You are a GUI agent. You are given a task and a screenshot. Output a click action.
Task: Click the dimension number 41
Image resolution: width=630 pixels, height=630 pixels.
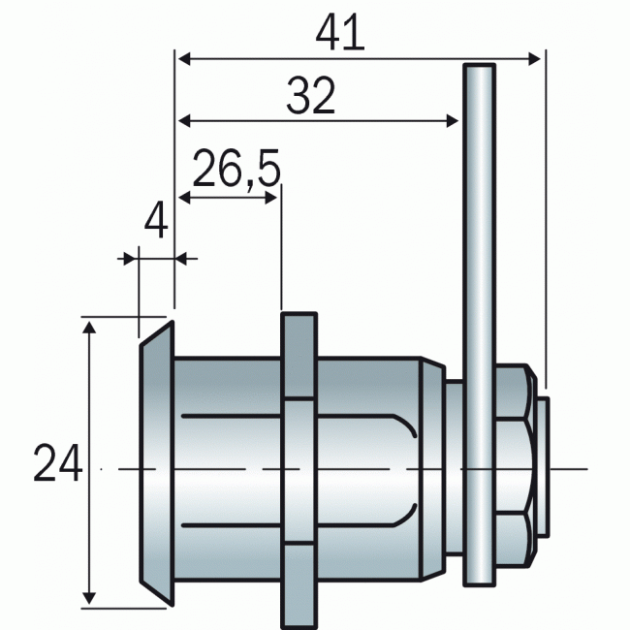coord(340,32)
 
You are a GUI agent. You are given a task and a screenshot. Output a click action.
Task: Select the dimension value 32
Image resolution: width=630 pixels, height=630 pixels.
coord(310,95)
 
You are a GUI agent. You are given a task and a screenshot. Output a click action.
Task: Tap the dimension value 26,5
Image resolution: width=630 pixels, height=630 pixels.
coord(236,169)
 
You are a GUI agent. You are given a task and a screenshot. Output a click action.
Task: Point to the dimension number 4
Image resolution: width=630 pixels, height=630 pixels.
coord(156,220)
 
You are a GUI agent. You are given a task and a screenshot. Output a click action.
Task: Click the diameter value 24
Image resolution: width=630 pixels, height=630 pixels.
coord(58,463)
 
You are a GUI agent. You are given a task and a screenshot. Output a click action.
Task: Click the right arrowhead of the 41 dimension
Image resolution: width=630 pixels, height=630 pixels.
coord(534,59)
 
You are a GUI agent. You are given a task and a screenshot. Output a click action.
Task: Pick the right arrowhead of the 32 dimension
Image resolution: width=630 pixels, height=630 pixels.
coord(453,120)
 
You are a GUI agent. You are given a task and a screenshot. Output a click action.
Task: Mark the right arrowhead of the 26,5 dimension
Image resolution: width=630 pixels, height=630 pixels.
coord(271,198)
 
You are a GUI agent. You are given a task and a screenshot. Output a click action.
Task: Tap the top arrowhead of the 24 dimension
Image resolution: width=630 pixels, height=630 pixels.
coord(89,328)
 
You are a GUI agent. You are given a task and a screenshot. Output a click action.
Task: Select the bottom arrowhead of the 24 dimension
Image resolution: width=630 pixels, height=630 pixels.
coord(89,598)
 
